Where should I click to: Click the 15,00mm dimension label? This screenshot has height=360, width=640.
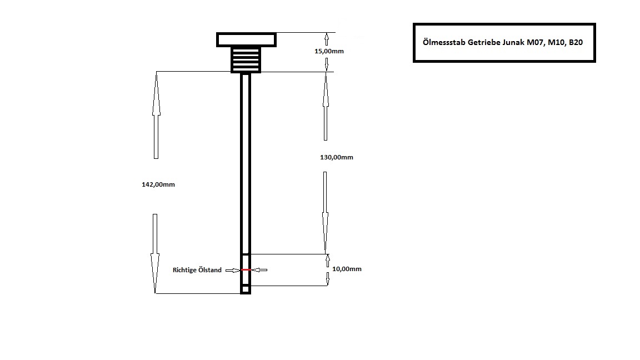(x=329, y=51)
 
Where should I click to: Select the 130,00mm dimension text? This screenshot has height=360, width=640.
(x=336, y=157)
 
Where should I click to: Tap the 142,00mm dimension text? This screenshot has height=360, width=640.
(x=158, y=184)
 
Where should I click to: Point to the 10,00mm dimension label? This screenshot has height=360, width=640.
(x=347, y=269)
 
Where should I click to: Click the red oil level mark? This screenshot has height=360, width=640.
(x=246, y=270)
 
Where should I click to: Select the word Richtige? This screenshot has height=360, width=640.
(x=185, y=270)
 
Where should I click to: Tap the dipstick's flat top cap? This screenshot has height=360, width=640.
(x=246, y=39)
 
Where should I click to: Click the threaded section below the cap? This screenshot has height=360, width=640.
(x=246, y=59)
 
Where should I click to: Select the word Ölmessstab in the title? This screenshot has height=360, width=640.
(x=444, y=42)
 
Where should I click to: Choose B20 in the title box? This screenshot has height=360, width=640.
(x=576, y=42)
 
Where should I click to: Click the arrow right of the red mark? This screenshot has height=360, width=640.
(x=259, y=270)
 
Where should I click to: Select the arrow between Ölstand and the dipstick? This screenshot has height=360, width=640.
(x=233, y=270)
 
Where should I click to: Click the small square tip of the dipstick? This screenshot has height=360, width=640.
(x=246, y=289)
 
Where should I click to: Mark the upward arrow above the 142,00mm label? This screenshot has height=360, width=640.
(x=156, y=116)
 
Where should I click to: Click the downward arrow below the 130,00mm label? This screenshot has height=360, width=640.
(x=326, y=212)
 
